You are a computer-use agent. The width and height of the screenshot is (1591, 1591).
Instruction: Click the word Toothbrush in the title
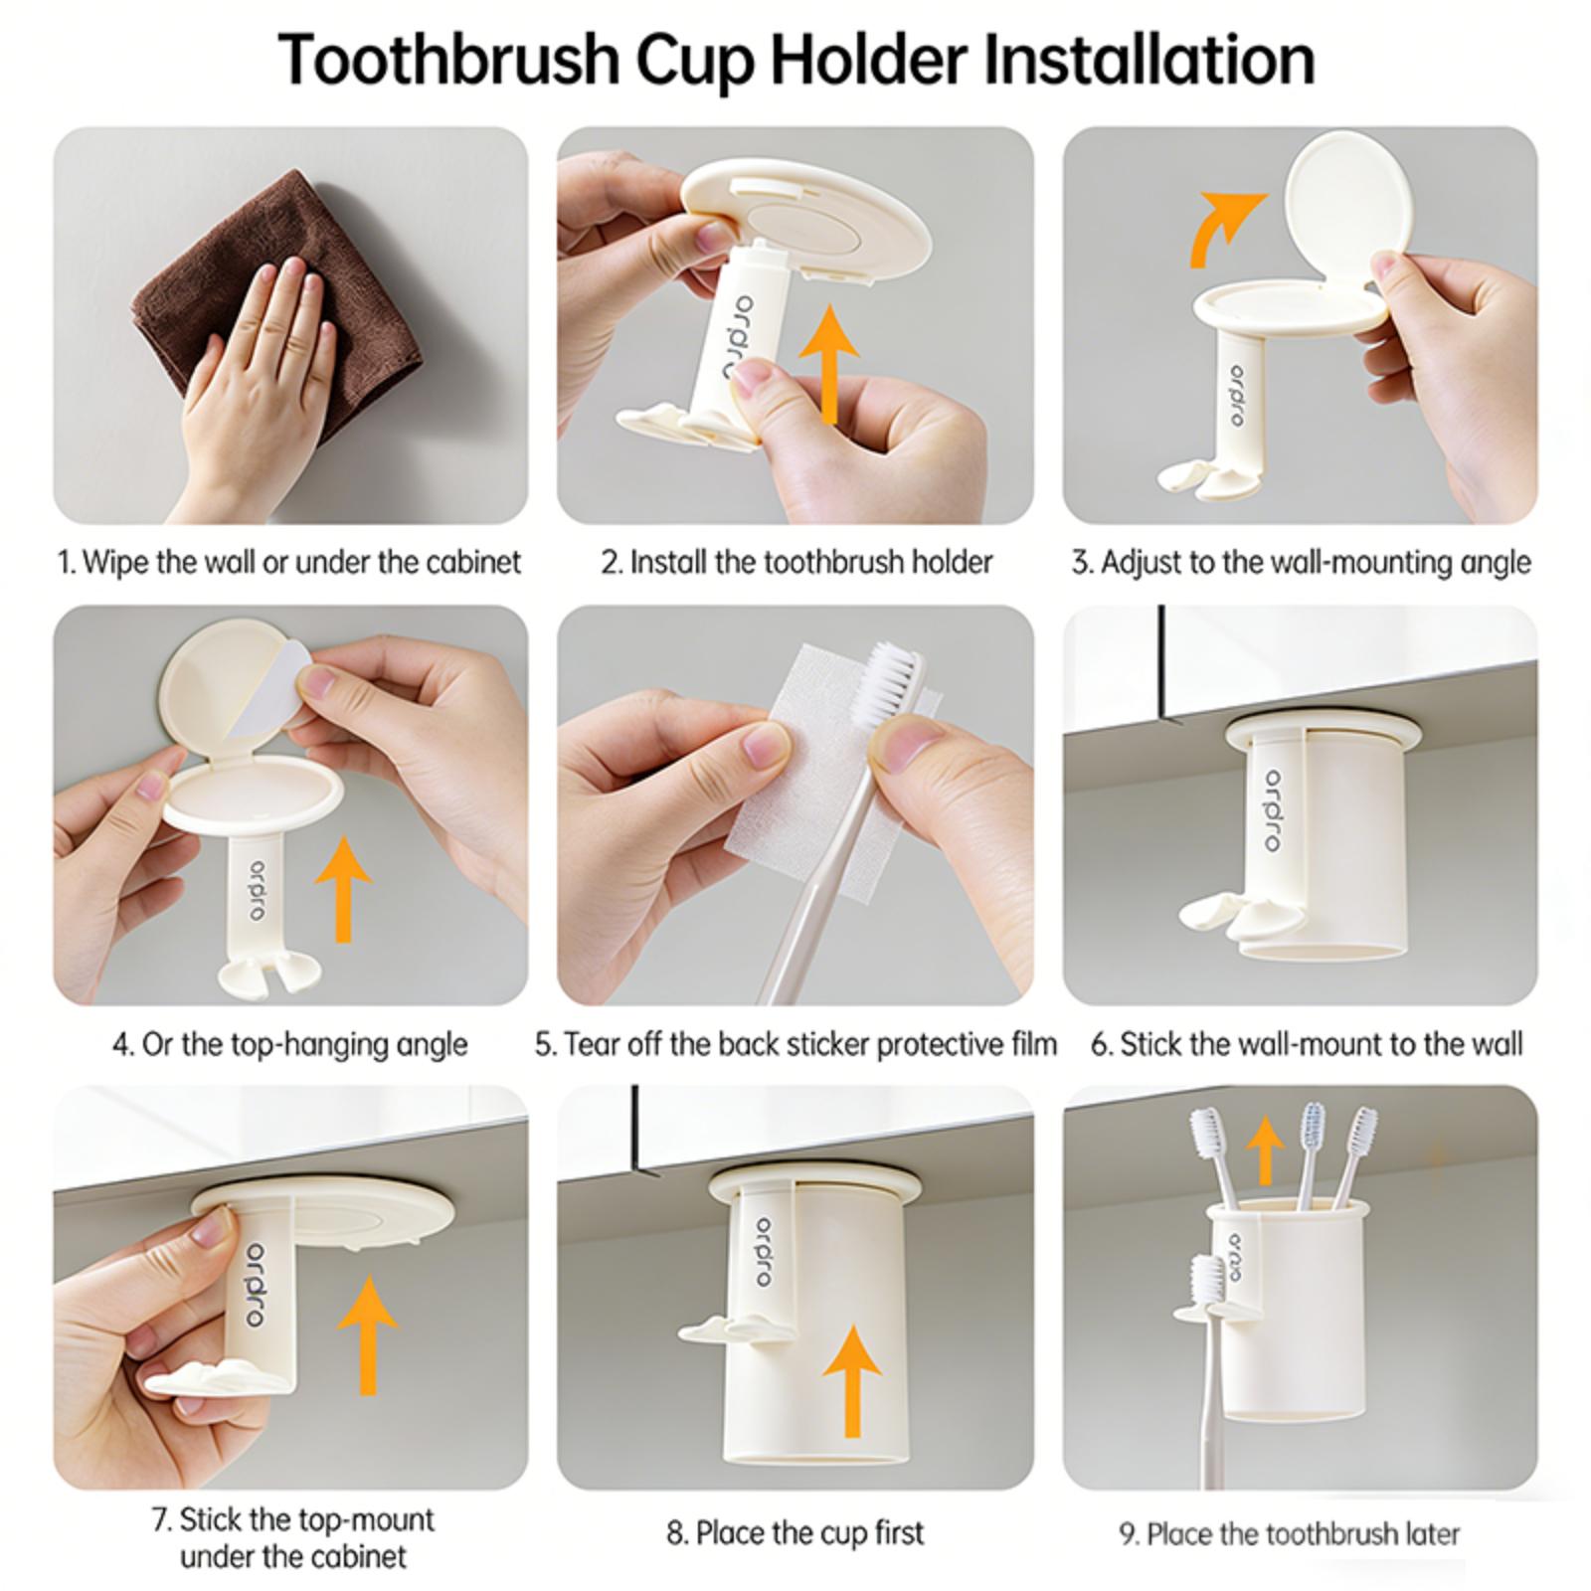click(x=449, y=60)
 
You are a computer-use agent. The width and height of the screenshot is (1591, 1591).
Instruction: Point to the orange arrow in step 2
click(x=827, y=364)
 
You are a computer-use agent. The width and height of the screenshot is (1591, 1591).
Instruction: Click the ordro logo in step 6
click(x=1273, y=809)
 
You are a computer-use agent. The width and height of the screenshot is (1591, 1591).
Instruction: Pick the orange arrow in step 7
click(x=368, y=1334)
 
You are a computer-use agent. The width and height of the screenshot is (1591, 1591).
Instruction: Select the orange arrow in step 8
click(x=852, y=1381)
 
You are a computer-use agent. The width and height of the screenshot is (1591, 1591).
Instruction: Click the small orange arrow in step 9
click(x=1265, y=1149)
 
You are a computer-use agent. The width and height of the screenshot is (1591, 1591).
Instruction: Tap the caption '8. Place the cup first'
click(x=795, y=1532)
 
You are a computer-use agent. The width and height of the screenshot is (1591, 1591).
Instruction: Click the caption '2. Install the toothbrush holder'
click(x=796, y=562)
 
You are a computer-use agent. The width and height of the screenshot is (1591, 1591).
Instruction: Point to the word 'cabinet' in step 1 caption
click(x=473, y=562)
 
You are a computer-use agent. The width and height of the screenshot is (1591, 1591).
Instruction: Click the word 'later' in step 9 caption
click(x=1433, y=1533)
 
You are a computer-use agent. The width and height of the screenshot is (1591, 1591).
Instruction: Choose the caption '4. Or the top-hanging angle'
click(x=289, y=1045)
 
